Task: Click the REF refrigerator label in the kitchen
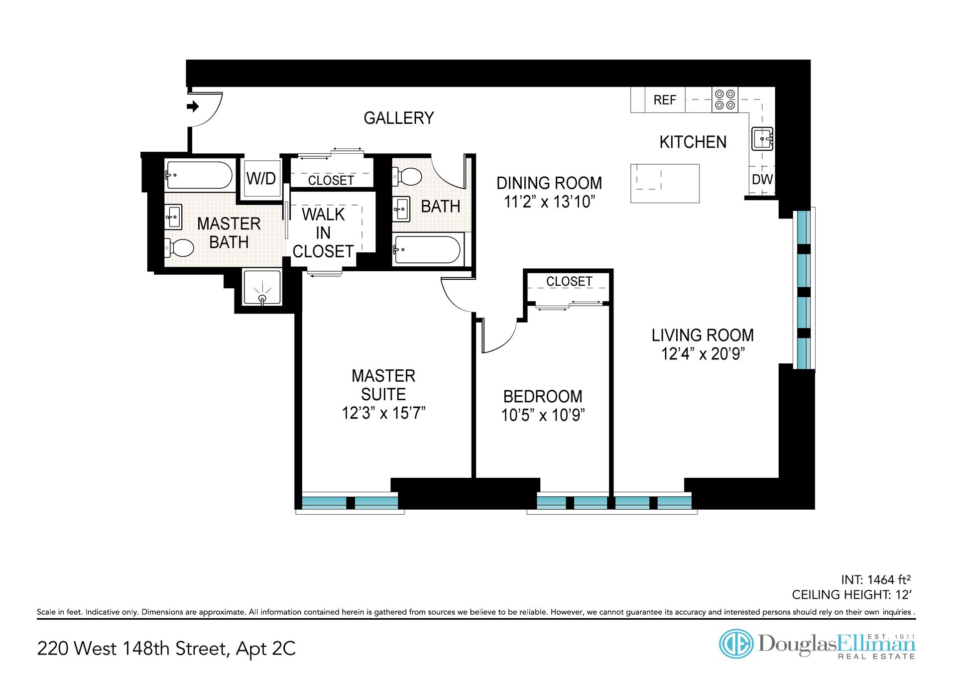[x=665, y=100]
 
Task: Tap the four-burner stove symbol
[x=724, y=100]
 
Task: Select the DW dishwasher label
[x=762, y=179]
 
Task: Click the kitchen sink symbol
[x=762, y=138]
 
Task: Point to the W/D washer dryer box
[x=261, y=178]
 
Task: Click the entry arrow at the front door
[x=193, y=106]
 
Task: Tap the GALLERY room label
[x=399, y=118]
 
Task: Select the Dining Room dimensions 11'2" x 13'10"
[x=549, y=202]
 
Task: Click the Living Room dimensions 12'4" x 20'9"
[x=703, y=354]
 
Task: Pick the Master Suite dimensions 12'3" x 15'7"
[x=383, y=413]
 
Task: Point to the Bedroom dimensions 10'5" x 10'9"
[x=543, y=415]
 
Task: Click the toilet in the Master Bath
[x=179, y=247]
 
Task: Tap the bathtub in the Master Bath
[x=199, y=175]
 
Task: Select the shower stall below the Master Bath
[x=262, y=288]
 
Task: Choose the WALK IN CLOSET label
[x=323, y=233]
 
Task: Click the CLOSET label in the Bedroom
[x=569, y=281]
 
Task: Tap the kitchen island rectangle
[x=665, y=183]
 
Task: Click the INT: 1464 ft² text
[x=875, y=579]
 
